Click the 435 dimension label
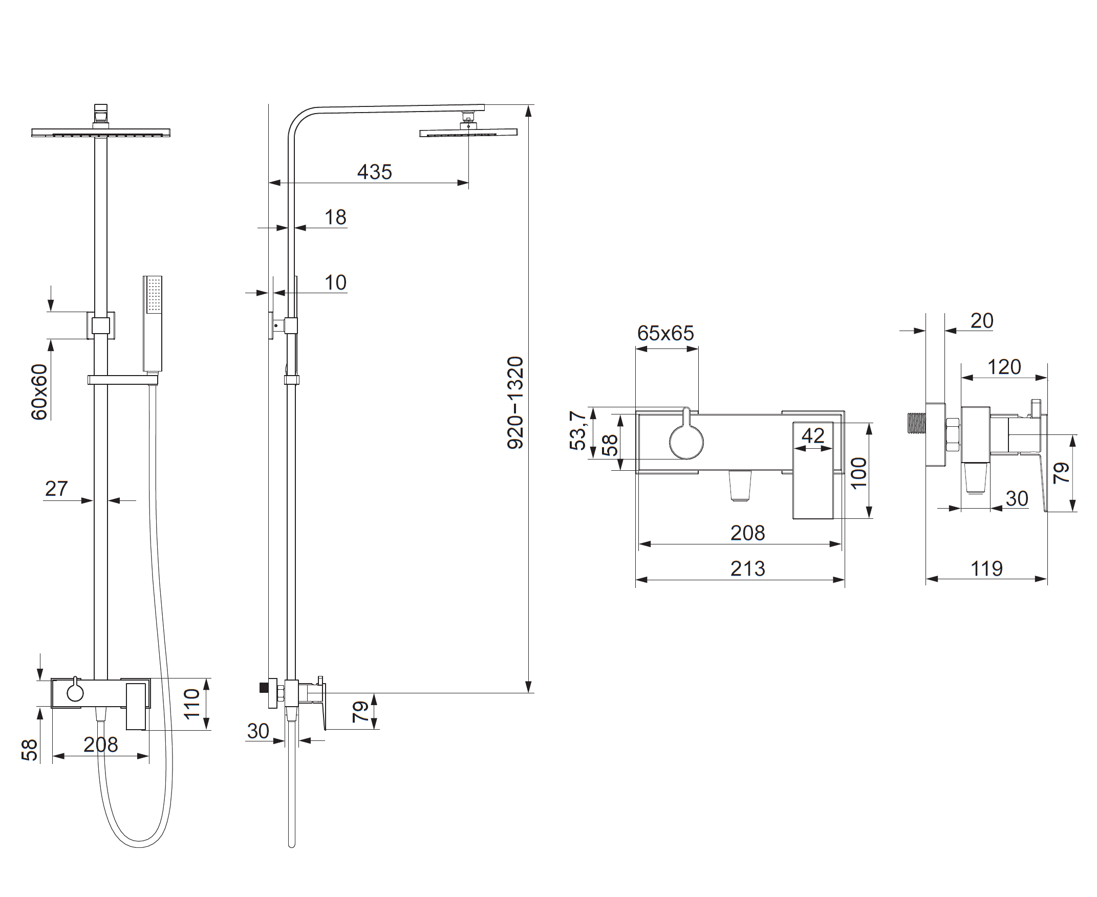coord(374,171)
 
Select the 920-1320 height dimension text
coord(515,403)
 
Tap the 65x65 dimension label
coord(665,333)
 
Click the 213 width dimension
coord(747,569)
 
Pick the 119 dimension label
coord(986,569)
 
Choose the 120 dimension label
coord(1004,367)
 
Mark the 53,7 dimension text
coord(577,430)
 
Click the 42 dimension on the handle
coord(813,435)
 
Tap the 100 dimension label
coord(858,473)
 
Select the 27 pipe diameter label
coord(56,488)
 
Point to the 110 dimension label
coord(192,703)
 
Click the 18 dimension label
coord(335,217)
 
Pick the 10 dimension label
coord(335,282)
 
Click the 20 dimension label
coord(982,321)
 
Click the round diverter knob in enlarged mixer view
coord(686,442)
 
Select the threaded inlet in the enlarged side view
coord(916,422)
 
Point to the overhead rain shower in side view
coord(468,133)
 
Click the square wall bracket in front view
coord(101,325)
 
